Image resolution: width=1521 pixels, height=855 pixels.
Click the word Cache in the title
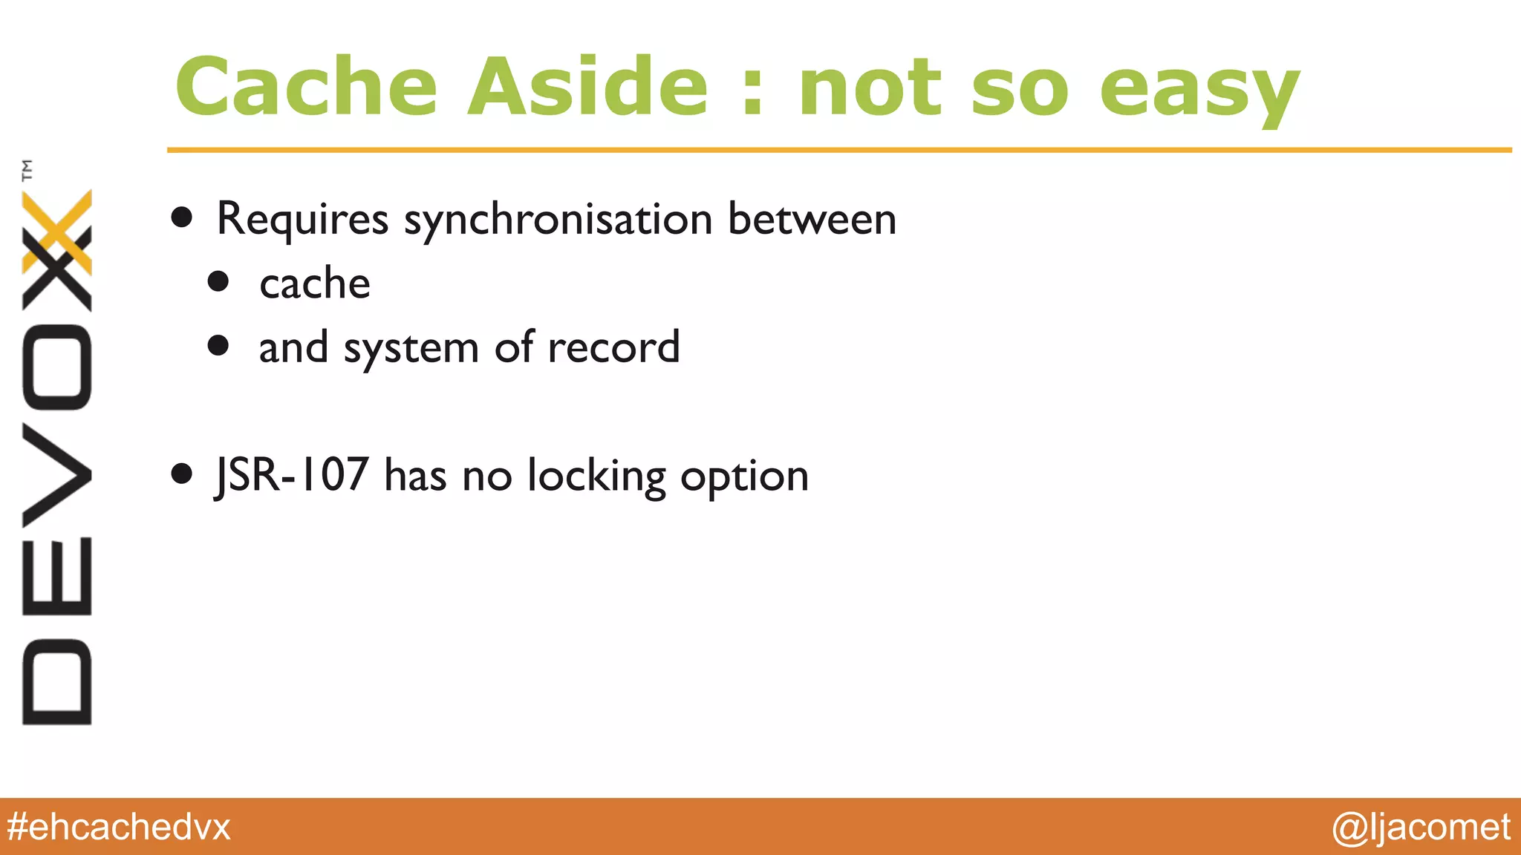coord(306,87)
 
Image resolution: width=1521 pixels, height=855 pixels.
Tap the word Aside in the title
coord(587,87)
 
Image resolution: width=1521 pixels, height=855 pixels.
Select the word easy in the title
coord(1199,91)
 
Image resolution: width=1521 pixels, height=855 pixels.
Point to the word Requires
coord(302,220)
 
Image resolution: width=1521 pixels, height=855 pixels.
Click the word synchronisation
coord(558,220)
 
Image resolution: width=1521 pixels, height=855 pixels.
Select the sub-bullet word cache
coord(315,284)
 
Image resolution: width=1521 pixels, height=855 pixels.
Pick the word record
coord(613,347)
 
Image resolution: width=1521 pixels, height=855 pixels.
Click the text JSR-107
coord(291,475)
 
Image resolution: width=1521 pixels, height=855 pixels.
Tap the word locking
coord(596,476)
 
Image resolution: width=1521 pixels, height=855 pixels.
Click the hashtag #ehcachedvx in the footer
coord(119,827)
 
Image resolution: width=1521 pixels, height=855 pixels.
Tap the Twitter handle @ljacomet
coord(1421,827)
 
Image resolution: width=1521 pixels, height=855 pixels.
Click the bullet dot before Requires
coord(182,217)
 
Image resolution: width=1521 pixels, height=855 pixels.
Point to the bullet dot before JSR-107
coord(182,474)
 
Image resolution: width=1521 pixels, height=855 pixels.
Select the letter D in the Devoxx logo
coord(56,681)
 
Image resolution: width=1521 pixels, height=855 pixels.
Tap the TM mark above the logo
coord(27,170)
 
